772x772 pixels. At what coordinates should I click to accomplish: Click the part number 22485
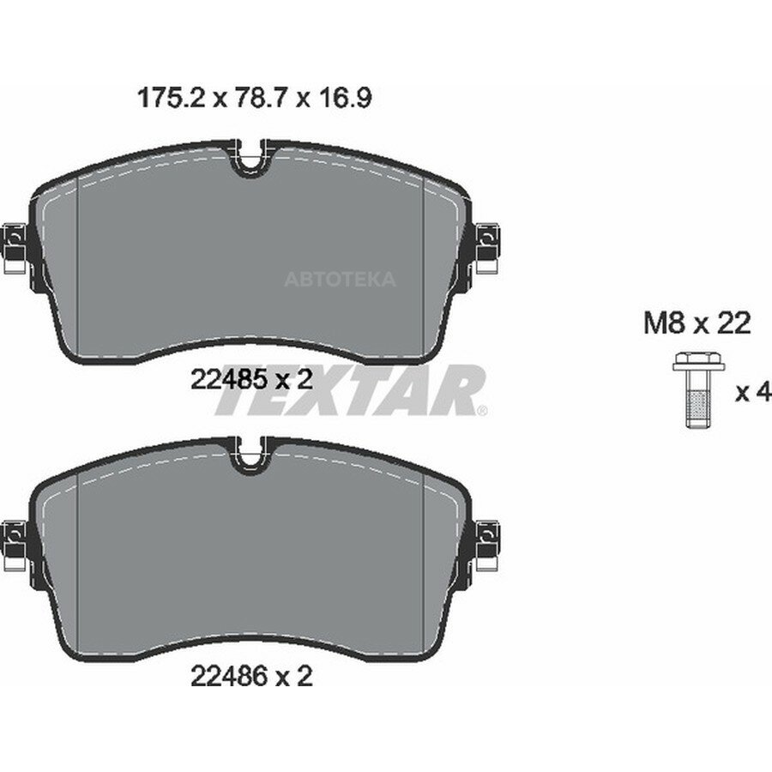click(228, 380)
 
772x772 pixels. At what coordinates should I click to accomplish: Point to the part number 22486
click(228, 677)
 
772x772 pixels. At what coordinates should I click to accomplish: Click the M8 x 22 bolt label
click(697, 324)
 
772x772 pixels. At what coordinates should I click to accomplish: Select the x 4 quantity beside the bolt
click(751, 392)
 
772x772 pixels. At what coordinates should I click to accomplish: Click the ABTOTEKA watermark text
click(340, 279)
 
